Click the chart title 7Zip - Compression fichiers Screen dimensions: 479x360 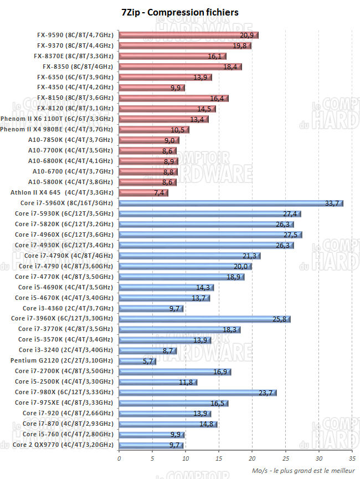point(179,12)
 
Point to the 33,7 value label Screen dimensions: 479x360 point(332,203)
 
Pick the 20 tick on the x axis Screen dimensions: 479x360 point(252,458)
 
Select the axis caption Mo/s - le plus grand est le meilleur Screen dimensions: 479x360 point(303,470)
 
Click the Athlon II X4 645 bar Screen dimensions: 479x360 point(143,193)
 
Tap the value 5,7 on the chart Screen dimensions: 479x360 point(148,361)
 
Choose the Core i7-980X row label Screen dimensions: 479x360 point(64,393)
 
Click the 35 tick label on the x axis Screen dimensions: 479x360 point(352,458)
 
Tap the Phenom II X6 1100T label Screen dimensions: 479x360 point(58,119)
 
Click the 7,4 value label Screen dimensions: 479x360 point(160,193)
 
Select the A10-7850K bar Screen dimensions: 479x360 point(148,140)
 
